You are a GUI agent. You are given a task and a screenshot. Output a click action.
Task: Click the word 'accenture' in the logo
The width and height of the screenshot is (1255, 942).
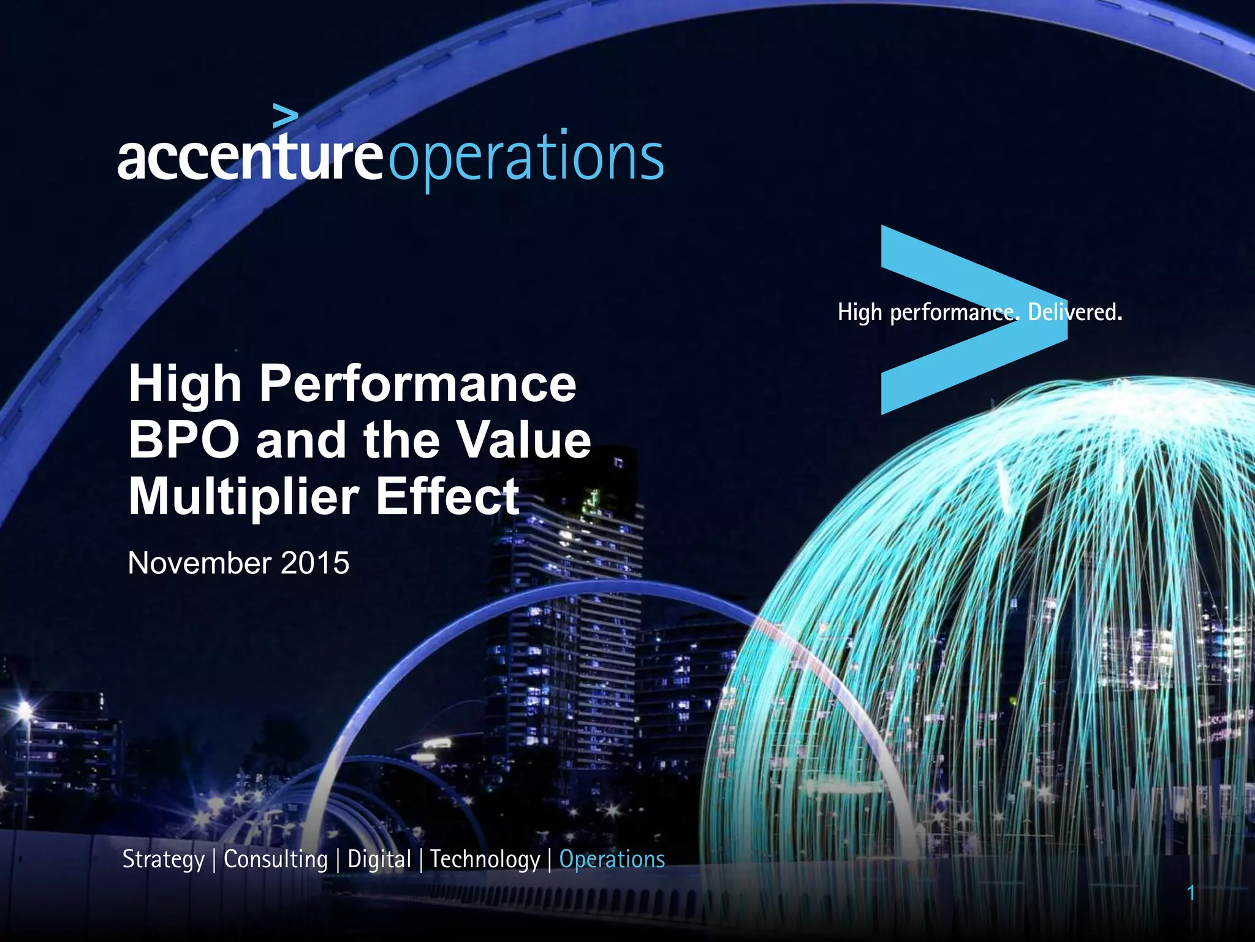pyautogui.click(x=250, y=158)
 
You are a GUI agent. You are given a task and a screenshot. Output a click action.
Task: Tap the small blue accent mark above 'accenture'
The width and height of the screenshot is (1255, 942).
pyautogui.click(x=286, y=115)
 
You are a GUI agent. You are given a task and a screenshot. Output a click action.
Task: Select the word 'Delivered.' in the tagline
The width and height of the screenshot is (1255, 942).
pyautogui.click(x=1075, y=312)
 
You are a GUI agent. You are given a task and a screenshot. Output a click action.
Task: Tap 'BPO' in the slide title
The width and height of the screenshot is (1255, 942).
pyautogui.click(x=184, y=440)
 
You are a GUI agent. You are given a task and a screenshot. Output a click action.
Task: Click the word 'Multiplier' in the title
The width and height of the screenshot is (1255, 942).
pyautogui.click(x=243, y=496)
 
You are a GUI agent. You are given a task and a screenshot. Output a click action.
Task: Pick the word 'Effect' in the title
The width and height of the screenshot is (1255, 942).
pyautogui.click(x=448, y=496)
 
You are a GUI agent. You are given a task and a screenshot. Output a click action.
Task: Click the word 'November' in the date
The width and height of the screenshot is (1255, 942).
pyautogui.click(x=199, y=563)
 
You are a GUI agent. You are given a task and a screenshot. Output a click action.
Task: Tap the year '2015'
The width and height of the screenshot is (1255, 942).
pyautogui.click(x=314, y=563)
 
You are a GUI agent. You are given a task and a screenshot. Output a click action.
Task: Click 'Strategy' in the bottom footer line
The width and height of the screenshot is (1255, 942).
pyautogui.click(x=164, y=860)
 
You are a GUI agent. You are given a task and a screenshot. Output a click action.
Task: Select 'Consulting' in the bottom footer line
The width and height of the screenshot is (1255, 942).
pyautogui.click(x=276, y=860)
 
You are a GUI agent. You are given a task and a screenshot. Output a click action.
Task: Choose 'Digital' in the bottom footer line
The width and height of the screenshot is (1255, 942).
pyautogui.click(x=379, y=860)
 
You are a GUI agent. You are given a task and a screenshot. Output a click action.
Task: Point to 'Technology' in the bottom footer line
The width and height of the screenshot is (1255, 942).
pyautogui.click(x=485, y=860)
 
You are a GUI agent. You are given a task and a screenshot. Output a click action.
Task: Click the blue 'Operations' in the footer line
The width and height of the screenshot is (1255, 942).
pyautogui.click(x=612, y=859)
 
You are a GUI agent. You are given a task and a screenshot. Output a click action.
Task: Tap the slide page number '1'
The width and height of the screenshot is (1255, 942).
pyautogui.click(x=1191, y=893)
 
